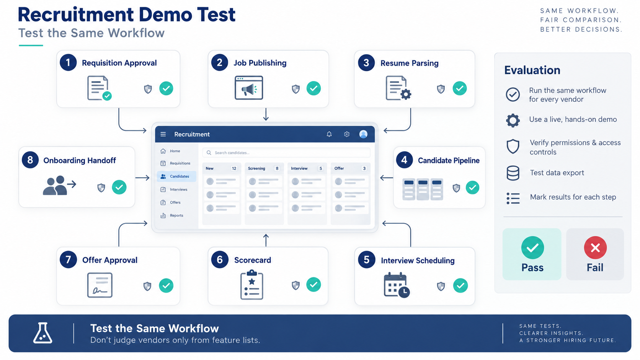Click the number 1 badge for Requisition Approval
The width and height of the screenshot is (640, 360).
click(68, 62)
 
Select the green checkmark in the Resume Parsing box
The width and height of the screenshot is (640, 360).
click(460, 88)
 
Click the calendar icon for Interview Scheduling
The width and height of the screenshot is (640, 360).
click(397, 285)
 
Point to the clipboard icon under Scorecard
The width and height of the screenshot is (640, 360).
click(252, 285)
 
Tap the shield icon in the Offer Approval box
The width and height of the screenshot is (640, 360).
click(147, 286)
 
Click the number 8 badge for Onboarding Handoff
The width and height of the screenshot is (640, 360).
click(30, 160)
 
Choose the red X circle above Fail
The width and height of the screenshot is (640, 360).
click(595, 248)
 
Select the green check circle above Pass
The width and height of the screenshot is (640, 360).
click(532, 248)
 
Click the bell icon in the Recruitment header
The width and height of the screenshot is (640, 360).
click(329, 134)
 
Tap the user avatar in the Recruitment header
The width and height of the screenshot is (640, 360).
click(363, 134)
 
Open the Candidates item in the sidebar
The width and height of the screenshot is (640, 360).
click(176, 176)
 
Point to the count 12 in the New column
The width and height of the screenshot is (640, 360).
click(234, 168)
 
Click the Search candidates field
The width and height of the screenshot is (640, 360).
click(286, 153)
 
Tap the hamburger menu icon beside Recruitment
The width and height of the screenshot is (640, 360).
click(163, 134)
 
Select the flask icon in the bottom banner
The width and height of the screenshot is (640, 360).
click(42, 333)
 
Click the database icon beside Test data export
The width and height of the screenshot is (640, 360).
click(513, 173)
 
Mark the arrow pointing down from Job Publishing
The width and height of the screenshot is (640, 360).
click(266, 114)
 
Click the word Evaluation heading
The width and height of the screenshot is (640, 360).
click(532, 70)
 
